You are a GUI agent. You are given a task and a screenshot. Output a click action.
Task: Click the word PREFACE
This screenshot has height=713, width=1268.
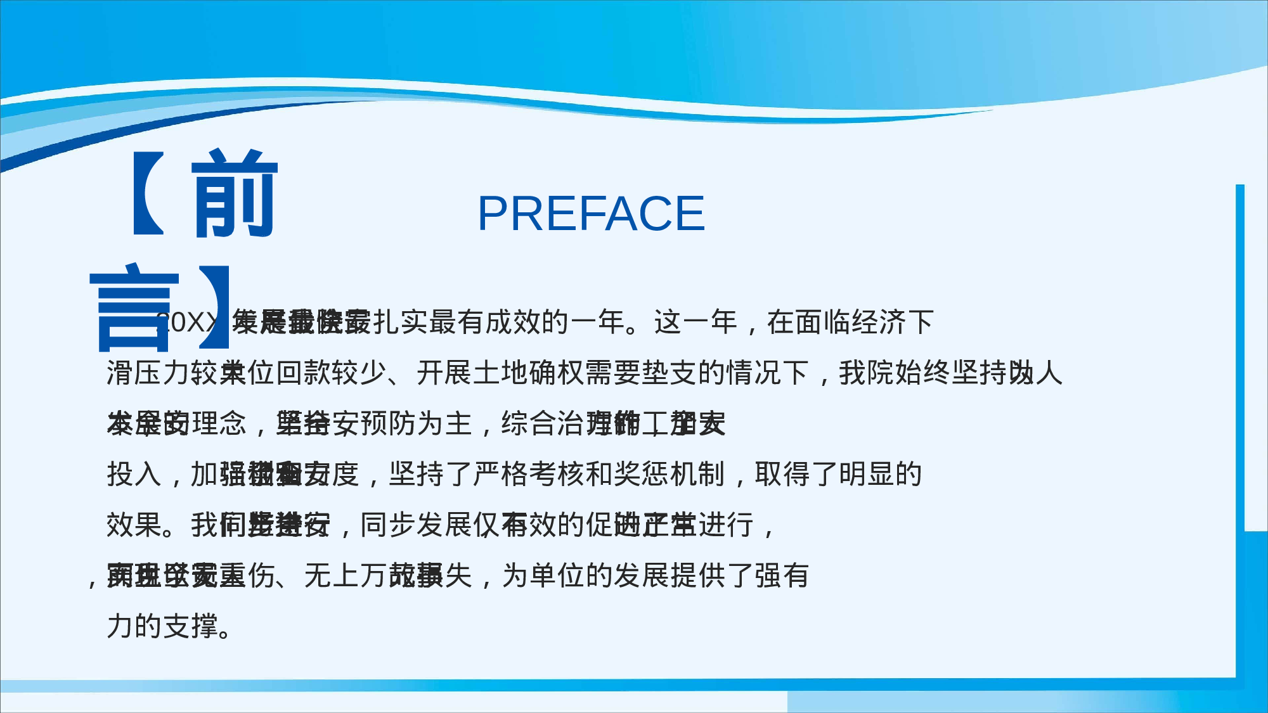[x=591, y=214]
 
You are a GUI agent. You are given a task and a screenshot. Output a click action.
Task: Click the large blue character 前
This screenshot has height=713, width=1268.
[x=234, y=194]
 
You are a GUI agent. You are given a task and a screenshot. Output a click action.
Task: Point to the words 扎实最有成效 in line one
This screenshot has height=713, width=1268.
[x=456, y=322]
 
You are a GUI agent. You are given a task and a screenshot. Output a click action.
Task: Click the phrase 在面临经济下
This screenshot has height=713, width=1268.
[x=850, y=322]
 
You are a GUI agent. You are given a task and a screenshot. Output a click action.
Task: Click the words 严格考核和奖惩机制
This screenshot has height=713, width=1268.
[x=599, y=474]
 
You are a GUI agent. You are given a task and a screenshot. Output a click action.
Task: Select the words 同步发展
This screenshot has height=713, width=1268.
[x=415, y=525]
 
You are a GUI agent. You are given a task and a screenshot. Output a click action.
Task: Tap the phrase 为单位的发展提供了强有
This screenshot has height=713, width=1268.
[x=656, y=575]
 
